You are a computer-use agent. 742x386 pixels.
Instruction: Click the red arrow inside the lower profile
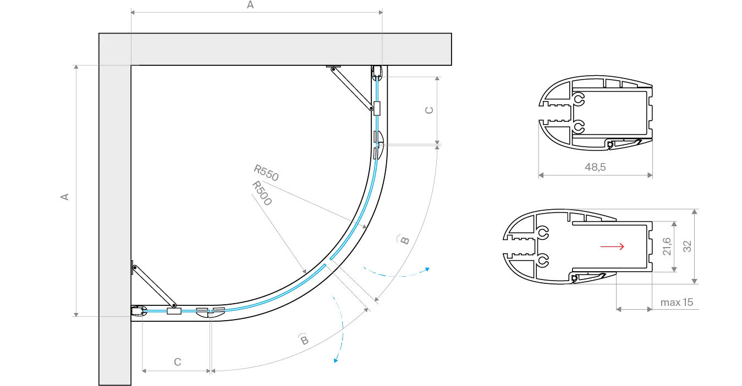pyautogui.click(x=612, y=247)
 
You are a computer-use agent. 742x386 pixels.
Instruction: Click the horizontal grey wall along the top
pyautogui.click(x=275, y=49)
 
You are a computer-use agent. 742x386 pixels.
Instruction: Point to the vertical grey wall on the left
pyautogui.click(x=114, y=220)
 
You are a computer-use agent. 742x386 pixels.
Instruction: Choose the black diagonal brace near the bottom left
pyautogui.click(x=153, y=286)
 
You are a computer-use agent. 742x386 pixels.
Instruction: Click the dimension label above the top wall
pyautogui.click(x=251, y=5)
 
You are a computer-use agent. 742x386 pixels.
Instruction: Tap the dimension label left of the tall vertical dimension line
pyautogui.click(x=64, y=197)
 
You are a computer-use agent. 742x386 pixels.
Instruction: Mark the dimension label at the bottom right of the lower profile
pyautogui.click(x=677, y=303)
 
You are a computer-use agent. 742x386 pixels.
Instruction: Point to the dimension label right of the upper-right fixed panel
pyautogui.click(x=430, y=110)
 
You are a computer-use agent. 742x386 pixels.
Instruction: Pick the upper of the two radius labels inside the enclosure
pyautogui.click(x=266, y=171)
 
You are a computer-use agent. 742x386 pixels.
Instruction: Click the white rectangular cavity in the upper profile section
pyautogui.click(x=613, y=112)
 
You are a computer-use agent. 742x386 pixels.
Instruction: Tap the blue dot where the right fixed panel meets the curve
pyautogui.click(x=377, y=145)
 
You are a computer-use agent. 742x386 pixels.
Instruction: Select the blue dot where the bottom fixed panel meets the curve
pyautogui.click(x=210, y=311)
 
